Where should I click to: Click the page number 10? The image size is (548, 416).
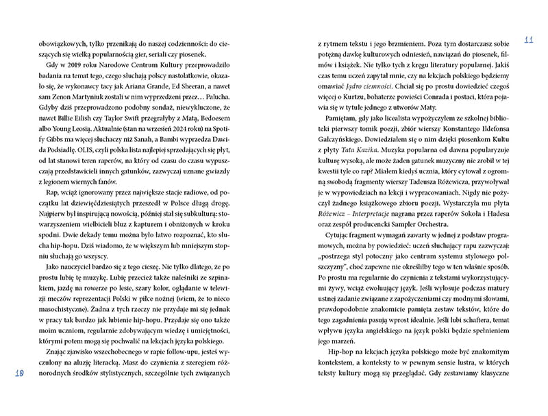[x=19, y=373]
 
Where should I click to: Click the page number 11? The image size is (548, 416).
[x=528, y=38]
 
